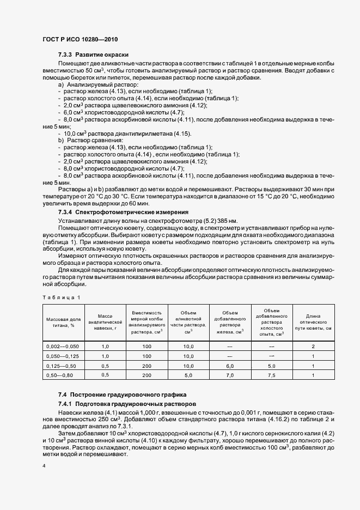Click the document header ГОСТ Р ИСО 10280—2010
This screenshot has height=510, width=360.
[80, 40]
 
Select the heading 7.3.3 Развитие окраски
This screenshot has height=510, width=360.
[93, 55]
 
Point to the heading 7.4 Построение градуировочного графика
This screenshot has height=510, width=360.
[122, 394]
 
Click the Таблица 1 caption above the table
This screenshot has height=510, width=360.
[60, 296]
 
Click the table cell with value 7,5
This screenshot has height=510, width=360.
[271, 375]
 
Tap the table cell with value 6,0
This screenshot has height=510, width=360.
[229, 366]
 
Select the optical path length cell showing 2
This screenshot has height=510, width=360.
[313, 347]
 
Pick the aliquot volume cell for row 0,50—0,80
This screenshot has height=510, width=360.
[188, 375]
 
